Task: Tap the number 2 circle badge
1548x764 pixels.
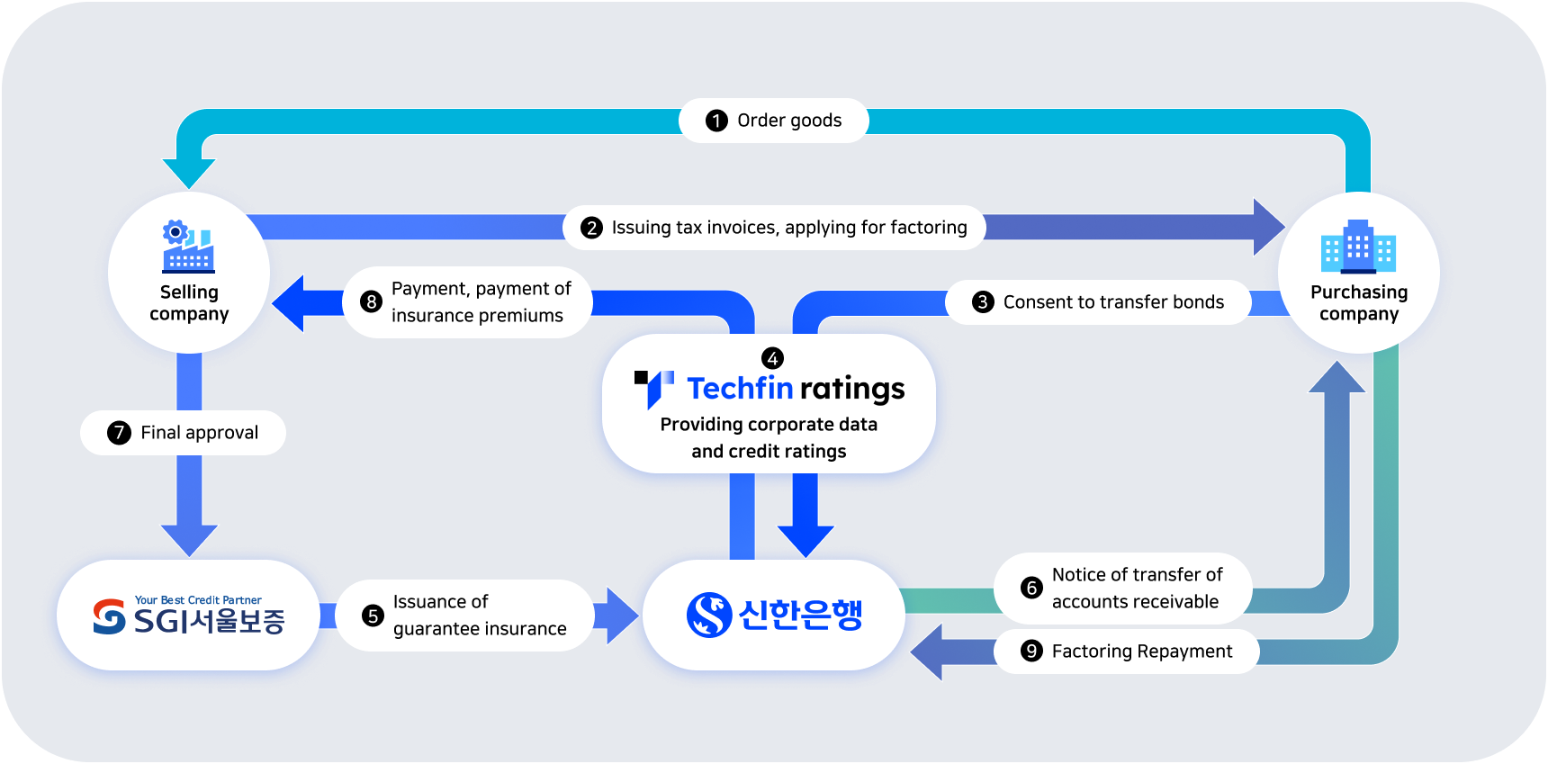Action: pyautogui.click(x=591, y=228)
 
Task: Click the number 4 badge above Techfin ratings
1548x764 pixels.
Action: pyautogui.click(x=772, y=358)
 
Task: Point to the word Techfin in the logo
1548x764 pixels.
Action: pyautogui.click(x=740, y=388)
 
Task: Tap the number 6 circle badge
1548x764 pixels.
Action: pyautogui.click(x=1031, y=588)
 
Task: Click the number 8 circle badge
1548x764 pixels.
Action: pyautogui.click(x=371, y=302)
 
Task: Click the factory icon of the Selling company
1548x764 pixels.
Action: pyautogui.click(x=188, y=246)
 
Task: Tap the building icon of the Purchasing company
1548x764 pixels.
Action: pyautogui.click(x=1358, y=247)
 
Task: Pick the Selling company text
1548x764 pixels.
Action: pyautogui.click(x=189, y=303)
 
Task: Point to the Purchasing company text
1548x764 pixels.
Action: pyautogui.click(x=1359, y=303)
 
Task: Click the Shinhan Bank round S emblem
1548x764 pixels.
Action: pyautogui.click(x=709, y=615)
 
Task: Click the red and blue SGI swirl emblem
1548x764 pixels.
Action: pyautogui.click(x=110, y=616)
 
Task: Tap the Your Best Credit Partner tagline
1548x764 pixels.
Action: pyautogui.click(x=198, y=600)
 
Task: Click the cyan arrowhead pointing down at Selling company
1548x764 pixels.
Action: pyautogui.click(x=189, y=173)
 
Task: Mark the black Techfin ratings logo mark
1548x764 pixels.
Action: pyautogui.click(x=653, y=388)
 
